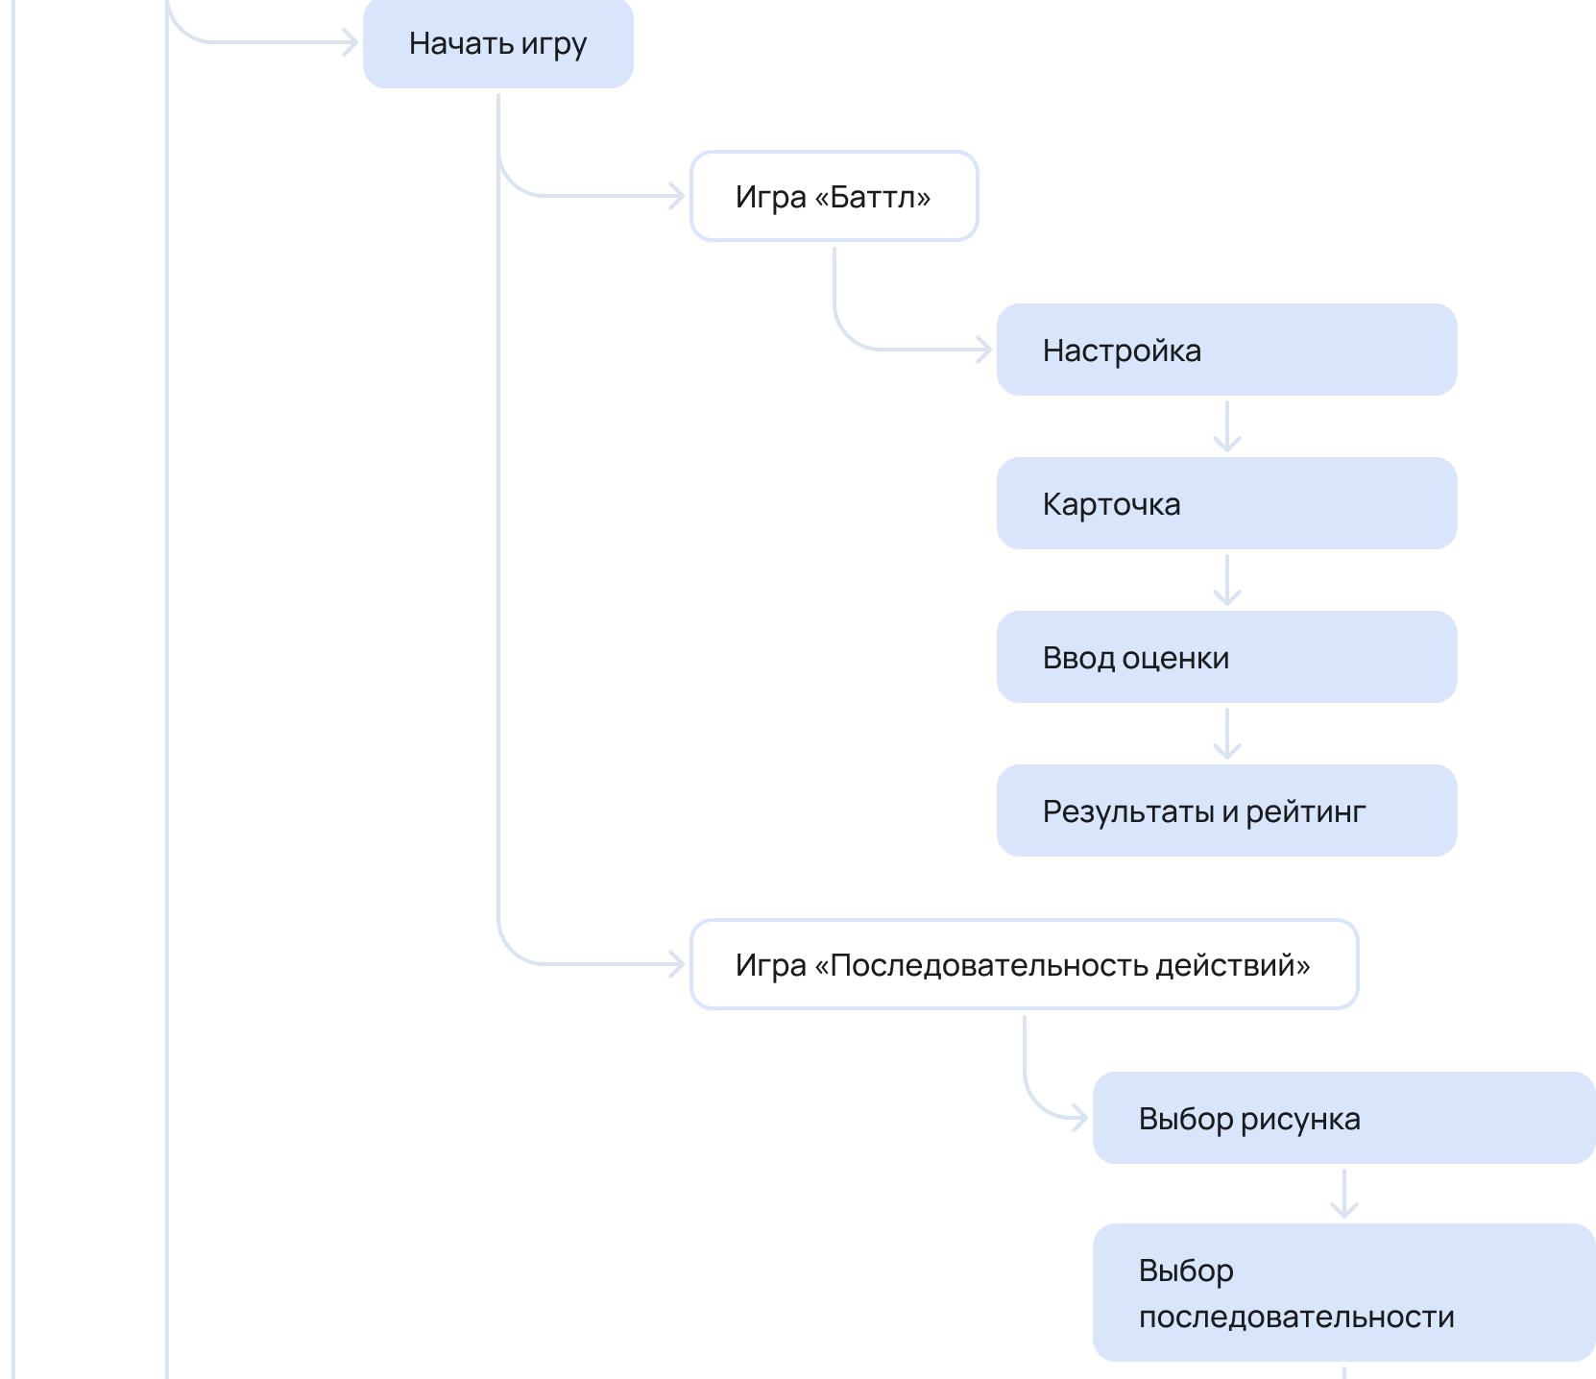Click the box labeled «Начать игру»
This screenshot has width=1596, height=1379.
pos(497,43)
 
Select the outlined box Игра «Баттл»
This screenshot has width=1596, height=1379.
pos(834,196)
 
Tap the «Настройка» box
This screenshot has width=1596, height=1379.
pos(1226,350)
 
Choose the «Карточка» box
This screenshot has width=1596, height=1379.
pos(1226,503)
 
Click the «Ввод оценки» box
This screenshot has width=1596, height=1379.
pos(1226,657)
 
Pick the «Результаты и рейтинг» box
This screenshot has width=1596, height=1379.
pos(1226,810)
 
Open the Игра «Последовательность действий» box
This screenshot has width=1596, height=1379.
pos(1024,964)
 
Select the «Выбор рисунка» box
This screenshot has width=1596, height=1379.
pos(1343,1118)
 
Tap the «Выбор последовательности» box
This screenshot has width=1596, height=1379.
pos(1343,1293)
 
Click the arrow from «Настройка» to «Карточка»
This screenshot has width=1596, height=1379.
pos(1227,426)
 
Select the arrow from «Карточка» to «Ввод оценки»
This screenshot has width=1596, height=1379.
pos(1227,580)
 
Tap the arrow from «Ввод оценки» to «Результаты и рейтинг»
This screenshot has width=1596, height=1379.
pos(1227,734)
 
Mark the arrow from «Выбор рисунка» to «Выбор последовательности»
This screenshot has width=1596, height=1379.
pos(1344,1194)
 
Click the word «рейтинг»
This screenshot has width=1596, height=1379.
pos(1306,812)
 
